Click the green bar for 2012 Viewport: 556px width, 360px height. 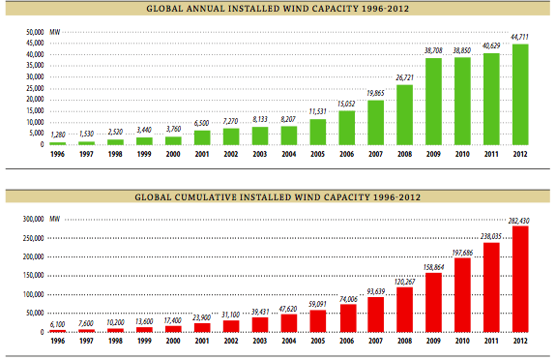point(522,95)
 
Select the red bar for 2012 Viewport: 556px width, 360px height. point(522,281)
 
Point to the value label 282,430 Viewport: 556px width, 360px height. point(522,220)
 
